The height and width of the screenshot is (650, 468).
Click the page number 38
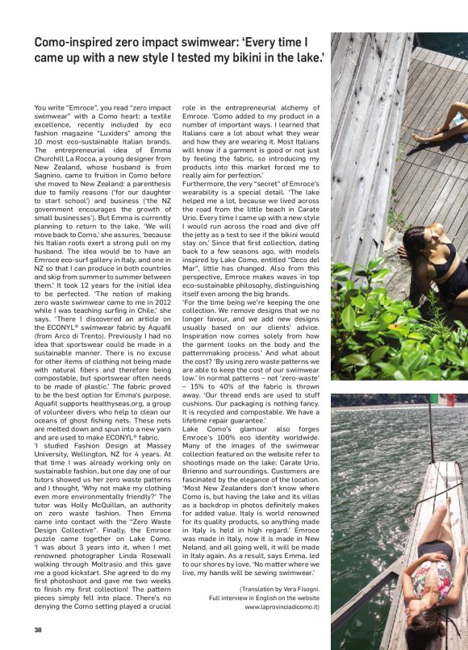(38, 630)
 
